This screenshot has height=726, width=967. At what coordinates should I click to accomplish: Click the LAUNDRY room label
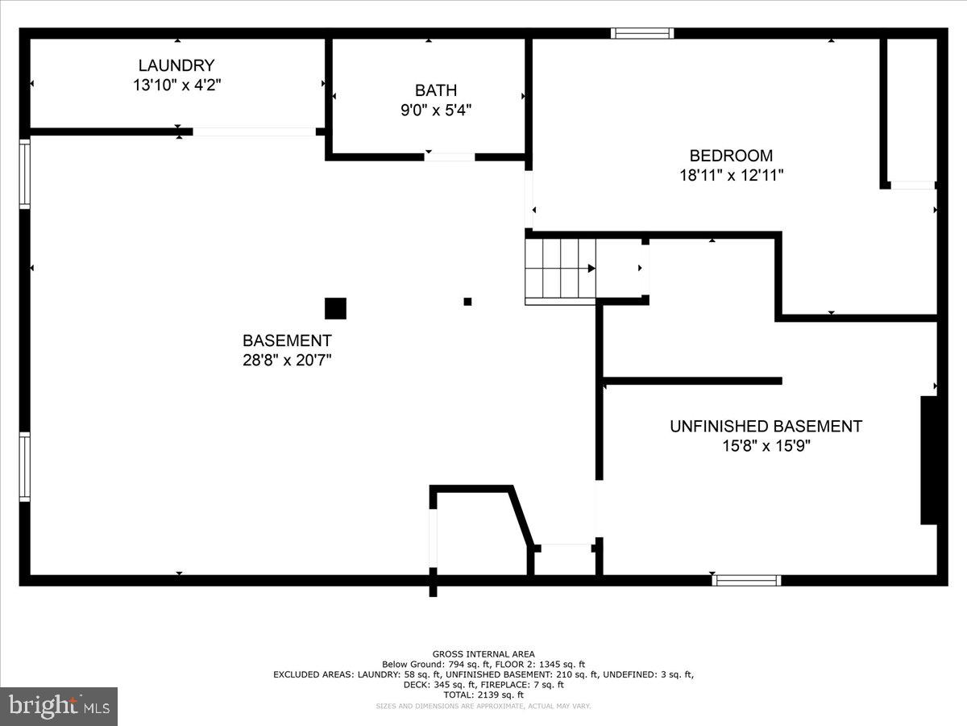176,65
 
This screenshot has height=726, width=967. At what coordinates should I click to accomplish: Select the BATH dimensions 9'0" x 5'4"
435,111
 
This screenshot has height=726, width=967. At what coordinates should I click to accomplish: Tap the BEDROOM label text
731,156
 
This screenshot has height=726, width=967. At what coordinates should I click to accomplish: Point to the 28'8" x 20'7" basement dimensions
287,361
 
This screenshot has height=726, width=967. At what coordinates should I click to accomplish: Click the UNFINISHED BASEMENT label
766,426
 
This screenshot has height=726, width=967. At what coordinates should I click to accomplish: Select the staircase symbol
560,269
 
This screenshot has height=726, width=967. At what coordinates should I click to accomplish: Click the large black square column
335,308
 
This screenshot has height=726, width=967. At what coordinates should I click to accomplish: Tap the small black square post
467,302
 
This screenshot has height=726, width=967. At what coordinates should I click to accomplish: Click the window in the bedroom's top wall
641,33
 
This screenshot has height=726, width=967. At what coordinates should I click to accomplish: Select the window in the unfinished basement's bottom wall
746,579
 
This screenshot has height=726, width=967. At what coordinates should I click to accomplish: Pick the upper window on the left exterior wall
25,173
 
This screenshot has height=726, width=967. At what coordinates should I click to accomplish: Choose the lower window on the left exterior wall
25,467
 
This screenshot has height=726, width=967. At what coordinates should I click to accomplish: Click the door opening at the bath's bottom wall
450,156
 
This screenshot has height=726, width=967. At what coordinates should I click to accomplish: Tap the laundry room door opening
254,131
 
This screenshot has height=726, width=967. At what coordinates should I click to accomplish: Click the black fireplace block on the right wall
929,460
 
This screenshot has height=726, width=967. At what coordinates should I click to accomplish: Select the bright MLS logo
59,707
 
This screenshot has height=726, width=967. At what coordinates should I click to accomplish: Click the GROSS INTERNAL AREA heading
483,654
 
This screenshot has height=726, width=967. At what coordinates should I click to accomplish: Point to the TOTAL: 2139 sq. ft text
483,695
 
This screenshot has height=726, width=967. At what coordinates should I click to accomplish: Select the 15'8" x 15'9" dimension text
766,445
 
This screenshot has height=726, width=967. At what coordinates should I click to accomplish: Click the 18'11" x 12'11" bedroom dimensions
731,175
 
